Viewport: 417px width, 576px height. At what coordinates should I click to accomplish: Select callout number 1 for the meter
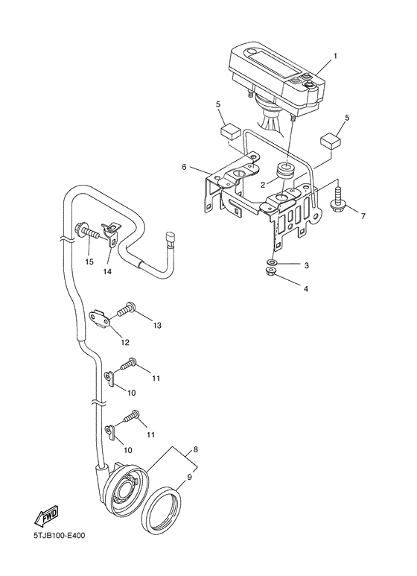coord(335,56)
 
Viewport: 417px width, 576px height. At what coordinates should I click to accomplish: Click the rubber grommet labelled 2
coord(285,174)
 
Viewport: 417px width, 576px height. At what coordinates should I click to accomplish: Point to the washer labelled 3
coord(272,262)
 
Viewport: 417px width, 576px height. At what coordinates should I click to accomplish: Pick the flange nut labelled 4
coord(272,272)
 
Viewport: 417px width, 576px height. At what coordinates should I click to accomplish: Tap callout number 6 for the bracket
coord(184,167)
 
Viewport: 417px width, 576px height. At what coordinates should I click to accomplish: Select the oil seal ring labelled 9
coord(161,508)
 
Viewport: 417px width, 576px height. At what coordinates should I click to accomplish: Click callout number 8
coord(195,449)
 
